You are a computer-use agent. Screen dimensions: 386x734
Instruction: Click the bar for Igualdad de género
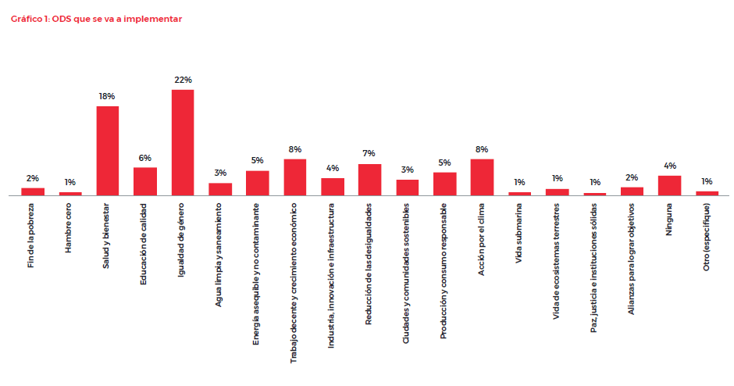[183, 142]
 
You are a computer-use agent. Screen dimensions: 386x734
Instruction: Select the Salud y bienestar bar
[108, 151]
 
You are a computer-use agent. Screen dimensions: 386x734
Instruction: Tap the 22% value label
[183, 80]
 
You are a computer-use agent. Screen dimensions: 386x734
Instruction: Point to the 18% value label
[107, 96]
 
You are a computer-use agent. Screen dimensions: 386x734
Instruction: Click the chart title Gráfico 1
[96, 19]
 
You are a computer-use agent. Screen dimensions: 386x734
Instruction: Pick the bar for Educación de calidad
[145, 181]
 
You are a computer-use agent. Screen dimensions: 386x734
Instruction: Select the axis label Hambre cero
[70, 227]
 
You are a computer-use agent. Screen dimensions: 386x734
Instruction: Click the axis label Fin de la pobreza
[32, 235]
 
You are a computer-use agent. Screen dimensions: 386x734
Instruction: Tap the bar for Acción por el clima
[482, 177]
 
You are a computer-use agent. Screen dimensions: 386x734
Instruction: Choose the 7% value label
[369, 153]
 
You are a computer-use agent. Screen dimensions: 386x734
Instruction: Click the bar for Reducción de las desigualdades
[369, 180]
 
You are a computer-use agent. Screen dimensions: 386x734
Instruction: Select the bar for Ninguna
[669, 185]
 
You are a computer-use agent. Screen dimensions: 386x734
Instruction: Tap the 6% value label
[145, 157]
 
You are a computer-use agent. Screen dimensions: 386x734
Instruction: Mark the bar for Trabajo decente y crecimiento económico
[294, 177]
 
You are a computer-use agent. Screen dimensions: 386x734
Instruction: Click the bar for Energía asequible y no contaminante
[258, 183]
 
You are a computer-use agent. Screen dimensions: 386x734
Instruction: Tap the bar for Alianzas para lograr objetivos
[632, 191]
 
